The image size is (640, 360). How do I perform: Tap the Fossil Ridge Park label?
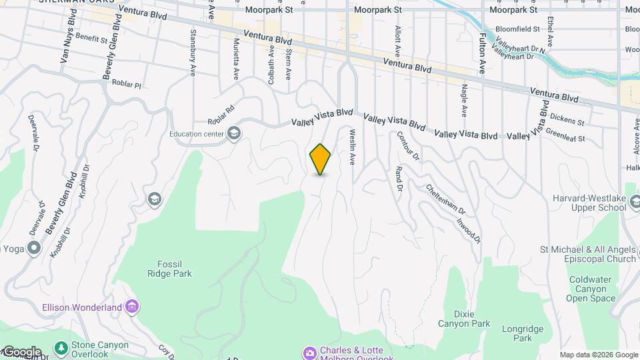(x=169, y=269)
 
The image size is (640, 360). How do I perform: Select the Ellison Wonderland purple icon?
(x=133, y=307)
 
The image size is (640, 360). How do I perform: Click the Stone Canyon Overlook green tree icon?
(x=61, y=348)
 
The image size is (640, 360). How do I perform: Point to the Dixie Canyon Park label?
(x=463, y=318)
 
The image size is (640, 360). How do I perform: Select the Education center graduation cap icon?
(x=234, y=133)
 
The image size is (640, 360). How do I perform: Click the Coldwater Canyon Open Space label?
(x=592, y=289)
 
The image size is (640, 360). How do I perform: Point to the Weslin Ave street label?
(x=351, y=147)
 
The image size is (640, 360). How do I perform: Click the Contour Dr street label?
(x=407, y=145)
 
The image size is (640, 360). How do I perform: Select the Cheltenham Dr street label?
(x=443, y=198)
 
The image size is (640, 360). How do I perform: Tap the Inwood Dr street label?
(x=469, y=227)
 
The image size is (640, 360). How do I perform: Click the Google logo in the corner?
(x=21, y=352)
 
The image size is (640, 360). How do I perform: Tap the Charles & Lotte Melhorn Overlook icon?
(x=309, y=352)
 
